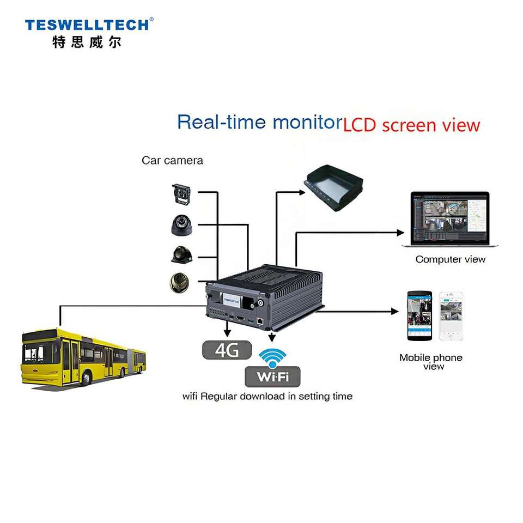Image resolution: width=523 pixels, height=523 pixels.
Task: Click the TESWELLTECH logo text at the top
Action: click(x=86, y=25)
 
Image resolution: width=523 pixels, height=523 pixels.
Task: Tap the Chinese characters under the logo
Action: click(x=86, y=42)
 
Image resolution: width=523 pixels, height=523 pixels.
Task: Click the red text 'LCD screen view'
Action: click(x=411, y=125)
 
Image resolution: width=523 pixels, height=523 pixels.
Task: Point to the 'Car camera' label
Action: click(x=172, y=160)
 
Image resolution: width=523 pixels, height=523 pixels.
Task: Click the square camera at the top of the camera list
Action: click(x=181, y=194)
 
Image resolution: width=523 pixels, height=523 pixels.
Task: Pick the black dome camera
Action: click(x=181, y=225)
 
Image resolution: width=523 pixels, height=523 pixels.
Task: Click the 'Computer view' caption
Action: click(x=450, y=259)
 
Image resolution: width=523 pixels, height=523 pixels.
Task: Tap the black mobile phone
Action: click(x=419, y=316)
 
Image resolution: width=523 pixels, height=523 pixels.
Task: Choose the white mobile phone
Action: click(x=451, y=316)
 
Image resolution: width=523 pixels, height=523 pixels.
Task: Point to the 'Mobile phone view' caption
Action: click(x=430, y=362)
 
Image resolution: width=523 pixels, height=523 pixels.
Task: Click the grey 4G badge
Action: click(x=227, y=350)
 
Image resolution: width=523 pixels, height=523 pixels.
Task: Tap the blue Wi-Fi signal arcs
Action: click(x=272, y=357)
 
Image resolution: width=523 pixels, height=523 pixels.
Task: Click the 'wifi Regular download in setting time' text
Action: click(x=267, y=396)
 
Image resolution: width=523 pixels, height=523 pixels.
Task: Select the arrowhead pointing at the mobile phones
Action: click(x=395, y=311)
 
